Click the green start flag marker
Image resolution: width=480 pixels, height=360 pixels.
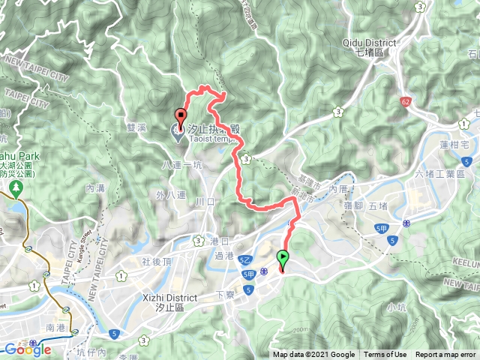pos(283,260)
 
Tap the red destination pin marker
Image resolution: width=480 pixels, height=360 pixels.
pos(181,117)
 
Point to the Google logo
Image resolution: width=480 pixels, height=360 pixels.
pos(27,349)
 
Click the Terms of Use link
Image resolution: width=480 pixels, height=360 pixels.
pos(385,355)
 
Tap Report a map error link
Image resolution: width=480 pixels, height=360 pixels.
pos(446,355)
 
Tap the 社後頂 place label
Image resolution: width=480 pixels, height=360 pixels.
pos(156,261)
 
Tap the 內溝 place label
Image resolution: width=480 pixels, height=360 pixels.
pos(95,188)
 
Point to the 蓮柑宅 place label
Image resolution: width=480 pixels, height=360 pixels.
pos(454,144)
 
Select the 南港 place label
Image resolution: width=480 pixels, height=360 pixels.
pos(56,328)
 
